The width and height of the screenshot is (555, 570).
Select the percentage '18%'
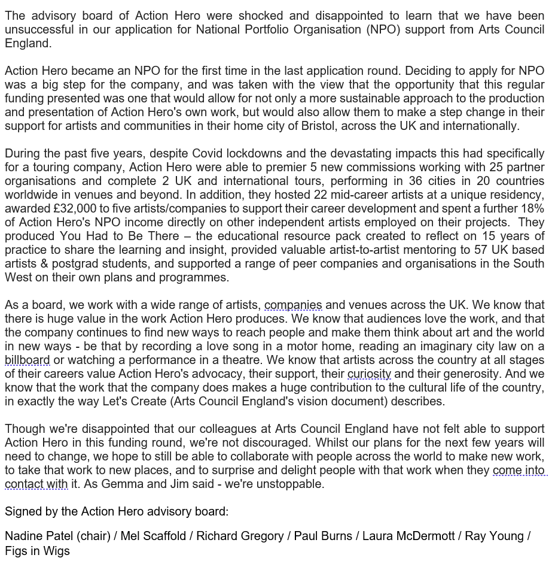pos(530,208)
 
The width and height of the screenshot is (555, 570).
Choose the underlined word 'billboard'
pos(28,360)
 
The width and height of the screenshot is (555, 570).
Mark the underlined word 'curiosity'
pos(369,374)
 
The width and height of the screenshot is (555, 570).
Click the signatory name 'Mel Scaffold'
pos(153,536)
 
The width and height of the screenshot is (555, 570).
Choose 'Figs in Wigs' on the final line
pos(37,551)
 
